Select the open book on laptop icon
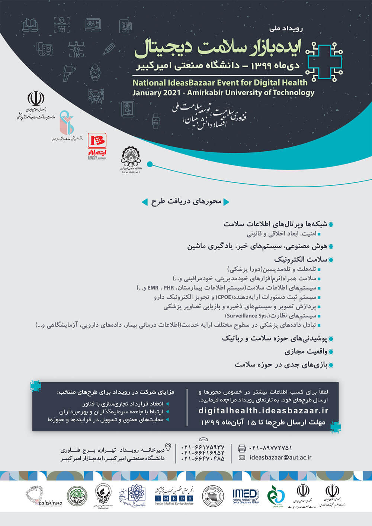pyautogui.click(x=30, y=25)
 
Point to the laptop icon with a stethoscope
pyautogui.click(x=93, y=25)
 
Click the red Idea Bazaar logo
pyautogui.click(x=97, y=141)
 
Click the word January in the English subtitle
pyautogui.click(x=146, y=93)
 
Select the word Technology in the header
pyautogui.click(x=293, y=93)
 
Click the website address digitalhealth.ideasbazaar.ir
pyautogui.click(x=263, y=410)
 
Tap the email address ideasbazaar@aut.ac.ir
pyautogui.click(x=280, y=458)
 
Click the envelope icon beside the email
pyautogui.click(x=242, y=458)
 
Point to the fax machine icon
pyautogui.click(x=242, y=448)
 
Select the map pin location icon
pyautogui.click(x=168, y=447)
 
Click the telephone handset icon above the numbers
pyautogui.click(x=203, y=439)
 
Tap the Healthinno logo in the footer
pyautogui.click(x=44, y=497)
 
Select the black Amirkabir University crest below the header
pyautogui.click(x=131, y=158)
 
